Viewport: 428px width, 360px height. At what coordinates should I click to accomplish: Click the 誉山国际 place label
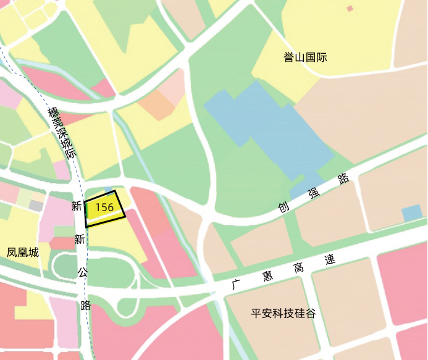tap(305, 58)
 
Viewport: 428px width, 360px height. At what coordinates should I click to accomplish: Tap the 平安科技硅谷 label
tap(283, 313)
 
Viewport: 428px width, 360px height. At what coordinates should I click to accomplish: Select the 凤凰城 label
tap(23, 252)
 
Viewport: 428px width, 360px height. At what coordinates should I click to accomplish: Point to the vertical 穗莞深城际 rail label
tap(62, 133)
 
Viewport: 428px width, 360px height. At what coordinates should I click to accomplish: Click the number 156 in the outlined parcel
tap(104, 207)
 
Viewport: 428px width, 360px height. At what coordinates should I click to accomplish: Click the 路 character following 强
tap(344, 180)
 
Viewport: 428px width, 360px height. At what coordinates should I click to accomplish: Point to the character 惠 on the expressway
tap(267, 277)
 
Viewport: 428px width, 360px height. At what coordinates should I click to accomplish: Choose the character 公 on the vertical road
tap(82, 272)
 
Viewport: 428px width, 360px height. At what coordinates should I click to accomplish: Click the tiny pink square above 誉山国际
tap(350, 9)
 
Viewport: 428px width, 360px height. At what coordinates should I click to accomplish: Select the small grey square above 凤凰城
tap(36, 205)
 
